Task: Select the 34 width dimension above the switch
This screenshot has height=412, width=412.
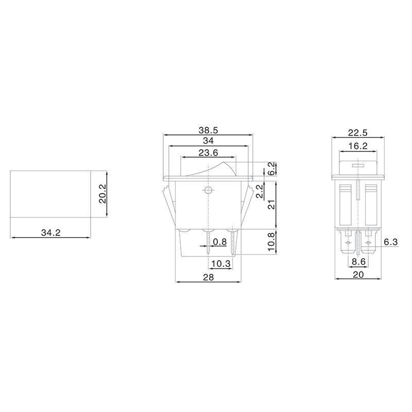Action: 209,141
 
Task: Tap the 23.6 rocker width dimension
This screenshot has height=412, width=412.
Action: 209,152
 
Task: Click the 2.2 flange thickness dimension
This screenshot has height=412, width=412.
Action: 261,192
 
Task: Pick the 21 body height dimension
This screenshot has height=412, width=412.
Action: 271,204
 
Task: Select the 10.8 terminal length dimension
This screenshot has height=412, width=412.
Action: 271,241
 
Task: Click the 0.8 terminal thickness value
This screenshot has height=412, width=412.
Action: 220,242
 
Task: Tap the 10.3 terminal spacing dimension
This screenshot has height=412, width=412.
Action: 220,264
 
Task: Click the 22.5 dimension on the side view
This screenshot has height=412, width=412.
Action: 357,132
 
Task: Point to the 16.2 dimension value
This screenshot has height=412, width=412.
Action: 357,147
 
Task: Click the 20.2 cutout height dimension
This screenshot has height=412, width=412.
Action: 102,194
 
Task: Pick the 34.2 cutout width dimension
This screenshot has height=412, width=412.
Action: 50,233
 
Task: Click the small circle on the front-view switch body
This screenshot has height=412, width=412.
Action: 208,190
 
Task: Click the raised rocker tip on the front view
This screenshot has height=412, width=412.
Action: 227,165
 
